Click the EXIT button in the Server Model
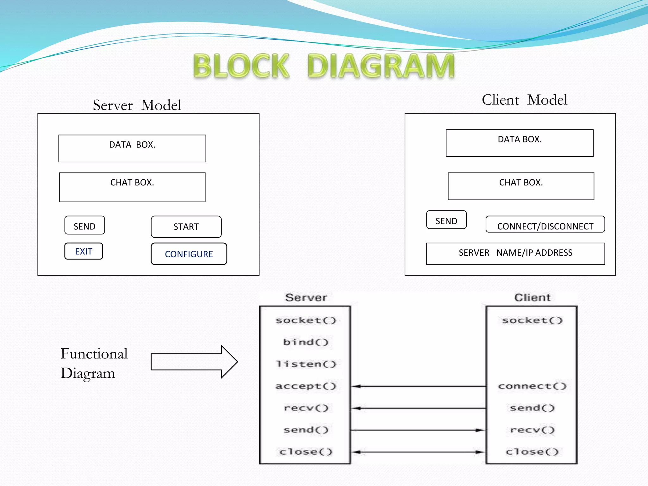[84, 251]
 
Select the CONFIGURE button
[189, 254]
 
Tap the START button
[186, 227]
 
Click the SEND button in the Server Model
[84, 226]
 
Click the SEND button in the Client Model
[446, 220]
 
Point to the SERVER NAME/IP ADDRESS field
[515, 253]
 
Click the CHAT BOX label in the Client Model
[521, 183]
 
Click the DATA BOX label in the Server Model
[132, 145]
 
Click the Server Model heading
[137, 105]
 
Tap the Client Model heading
[524, 100]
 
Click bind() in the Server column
[306, 342]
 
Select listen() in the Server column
[306, 364]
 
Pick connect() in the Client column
[532, 386]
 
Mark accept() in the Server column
[306, 386]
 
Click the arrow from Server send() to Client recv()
[418, 430]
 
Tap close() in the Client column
[532, 452]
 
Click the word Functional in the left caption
[94, 354]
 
